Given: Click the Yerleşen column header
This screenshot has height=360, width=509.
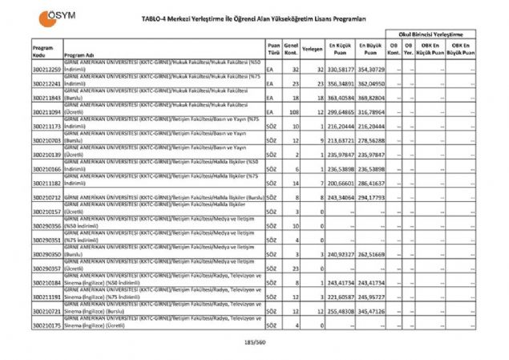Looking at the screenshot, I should pyautogui.click(x=313, y=50).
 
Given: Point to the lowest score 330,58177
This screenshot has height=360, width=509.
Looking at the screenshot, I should pyautogui.click(x=339, y=70).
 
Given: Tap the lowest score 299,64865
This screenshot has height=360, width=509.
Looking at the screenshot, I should pyautogui.click(x=339, y=113).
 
